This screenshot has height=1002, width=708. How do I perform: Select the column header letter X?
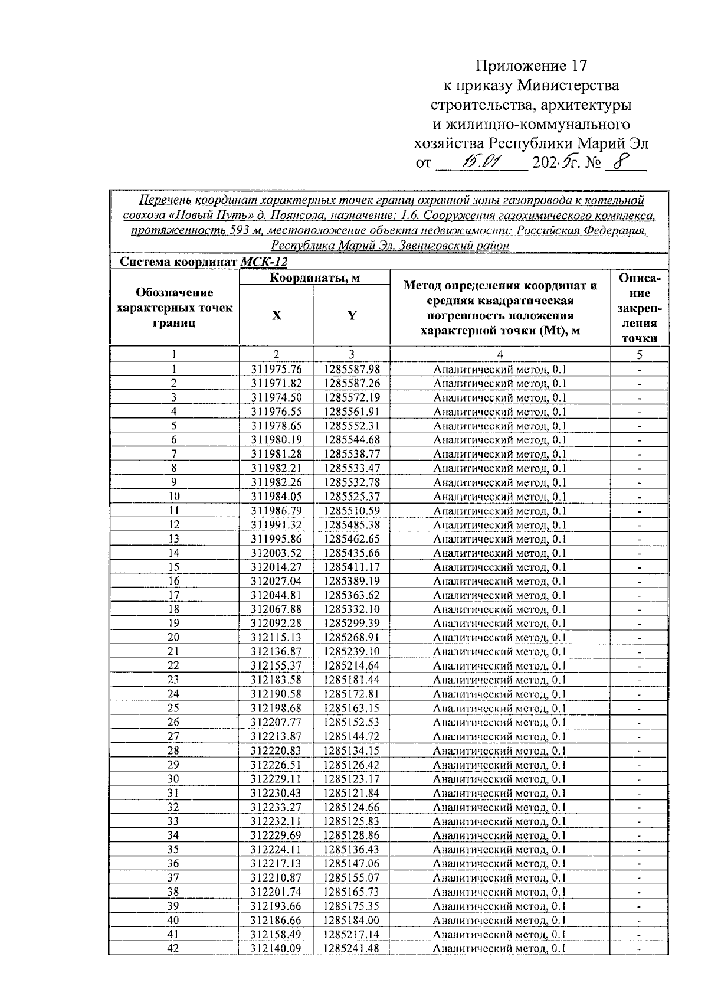pos(276,315)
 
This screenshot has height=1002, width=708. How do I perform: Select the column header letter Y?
pos(352,315)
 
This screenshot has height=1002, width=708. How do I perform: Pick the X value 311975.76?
pos(276,369)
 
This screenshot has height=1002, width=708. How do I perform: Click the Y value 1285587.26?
pos(352,383)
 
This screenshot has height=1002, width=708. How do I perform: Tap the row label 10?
pos(174,496)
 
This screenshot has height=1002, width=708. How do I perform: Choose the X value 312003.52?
pos(276,553)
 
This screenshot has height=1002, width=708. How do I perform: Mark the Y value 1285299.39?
pos(352,624)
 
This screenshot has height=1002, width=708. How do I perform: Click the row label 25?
pos(173,708)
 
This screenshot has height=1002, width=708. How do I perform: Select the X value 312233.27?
pos(276,807)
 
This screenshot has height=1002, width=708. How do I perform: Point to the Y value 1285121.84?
pos(352,793)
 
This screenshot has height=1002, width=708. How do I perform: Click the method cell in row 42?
pos(499,949)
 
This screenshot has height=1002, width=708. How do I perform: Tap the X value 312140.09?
pos(276,949)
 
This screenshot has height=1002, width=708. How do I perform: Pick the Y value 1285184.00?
pos(352,921)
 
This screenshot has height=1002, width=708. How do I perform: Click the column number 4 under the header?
pos(500,354)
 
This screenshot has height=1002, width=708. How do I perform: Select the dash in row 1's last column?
pos(640,370)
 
